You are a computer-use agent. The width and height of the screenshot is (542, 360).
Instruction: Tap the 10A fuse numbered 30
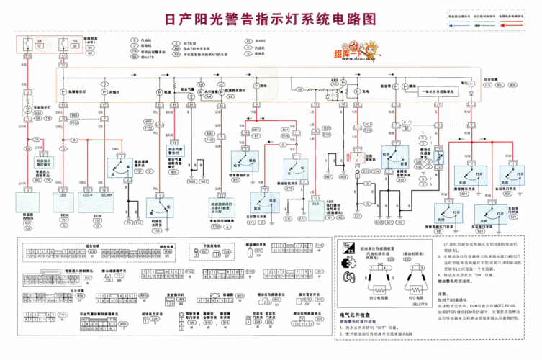63,44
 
